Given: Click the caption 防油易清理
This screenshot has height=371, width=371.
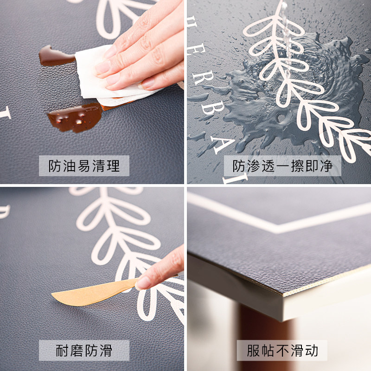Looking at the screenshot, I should (84, 166).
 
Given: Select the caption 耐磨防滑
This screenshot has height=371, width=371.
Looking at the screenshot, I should (84, 351).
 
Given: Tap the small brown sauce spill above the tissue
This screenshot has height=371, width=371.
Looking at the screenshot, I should (53, 56).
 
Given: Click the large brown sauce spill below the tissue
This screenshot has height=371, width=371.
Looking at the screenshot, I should (74, 117).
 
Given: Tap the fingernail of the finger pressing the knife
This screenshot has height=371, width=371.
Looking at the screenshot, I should (144, 282).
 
